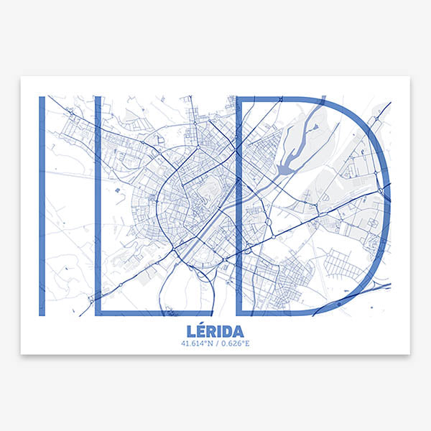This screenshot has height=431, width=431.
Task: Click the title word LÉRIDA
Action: [215, 331]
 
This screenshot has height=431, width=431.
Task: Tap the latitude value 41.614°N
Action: [198, 343]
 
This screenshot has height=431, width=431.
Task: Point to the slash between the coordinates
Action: [216, 343]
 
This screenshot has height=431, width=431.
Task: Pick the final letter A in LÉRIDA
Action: [236, 332]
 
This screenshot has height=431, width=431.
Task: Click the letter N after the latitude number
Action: [210, 343]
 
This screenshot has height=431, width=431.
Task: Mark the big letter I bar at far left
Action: [42, 205]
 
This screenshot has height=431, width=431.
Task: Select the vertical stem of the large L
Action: [98, 205]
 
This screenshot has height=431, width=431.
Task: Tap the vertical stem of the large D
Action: [239, 205]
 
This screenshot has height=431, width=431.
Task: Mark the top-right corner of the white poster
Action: [409, 77]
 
